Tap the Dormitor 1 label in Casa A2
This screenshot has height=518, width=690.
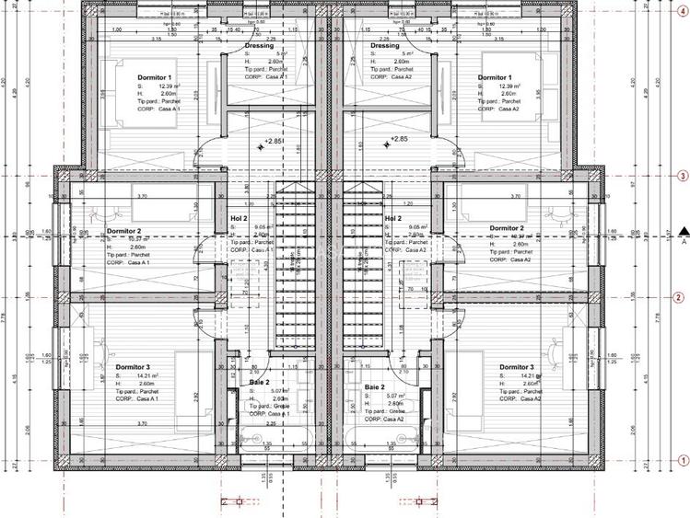496,77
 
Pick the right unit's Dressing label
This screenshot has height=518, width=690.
384,46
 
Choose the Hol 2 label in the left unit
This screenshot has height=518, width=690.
239,219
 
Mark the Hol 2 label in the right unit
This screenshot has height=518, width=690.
394,219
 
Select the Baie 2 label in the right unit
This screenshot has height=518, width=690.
375,387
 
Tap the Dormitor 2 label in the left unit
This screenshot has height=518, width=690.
123,230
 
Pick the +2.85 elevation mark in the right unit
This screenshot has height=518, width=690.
397,139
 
